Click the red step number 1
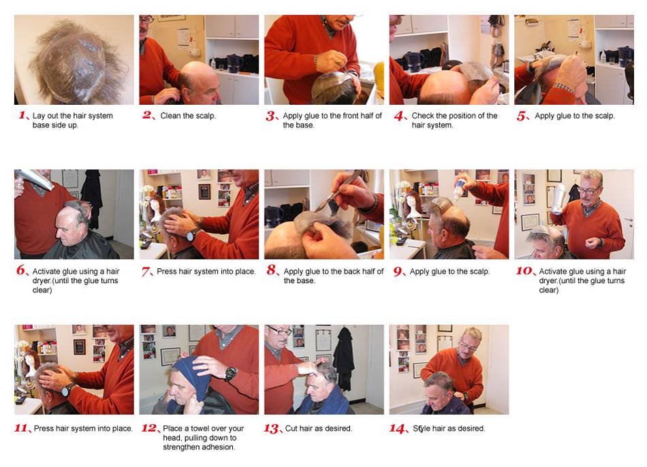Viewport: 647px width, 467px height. coord(23,115)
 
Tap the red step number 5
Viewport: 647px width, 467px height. coord(522,116)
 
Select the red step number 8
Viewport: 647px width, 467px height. coord(272,270)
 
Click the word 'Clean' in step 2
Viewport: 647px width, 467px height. coord(171,116)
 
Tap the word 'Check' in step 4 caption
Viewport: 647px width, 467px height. coord(422,116)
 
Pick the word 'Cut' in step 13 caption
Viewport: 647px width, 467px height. coord(291,428)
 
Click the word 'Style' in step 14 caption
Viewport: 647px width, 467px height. coord(422,428)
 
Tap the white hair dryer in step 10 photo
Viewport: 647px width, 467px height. coord(558,198)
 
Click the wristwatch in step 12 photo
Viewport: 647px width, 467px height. coord(230,374)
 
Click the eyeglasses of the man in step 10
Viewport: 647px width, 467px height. coord(588,191)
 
